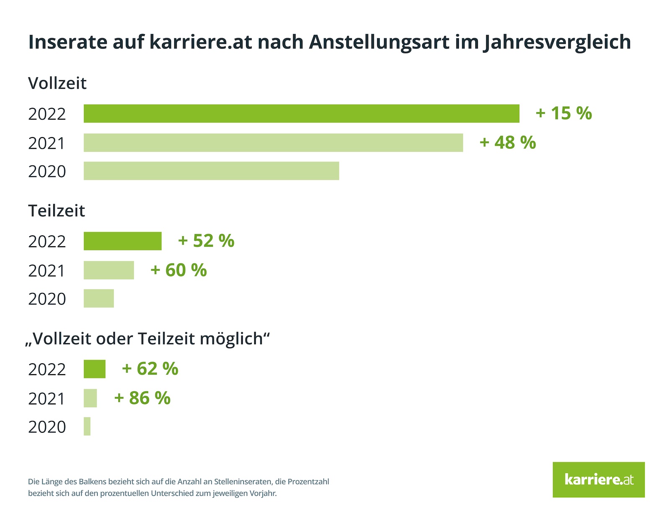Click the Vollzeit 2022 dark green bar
301,114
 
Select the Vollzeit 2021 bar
273,143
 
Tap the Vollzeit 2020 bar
211,171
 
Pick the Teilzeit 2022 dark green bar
122,241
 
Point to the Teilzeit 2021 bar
108,270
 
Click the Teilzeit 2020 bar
98,298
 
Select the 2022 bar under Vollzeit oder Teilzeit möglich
94,369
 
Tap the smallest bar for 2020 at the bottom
87,426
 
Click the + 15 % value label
564,113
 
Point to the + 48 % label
508,143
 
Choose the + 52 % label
206,241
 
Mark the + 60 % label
178,270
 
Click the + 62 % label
150,369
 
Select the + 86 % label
142,398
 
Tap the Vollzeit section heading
57,83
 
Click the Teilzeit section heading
56,211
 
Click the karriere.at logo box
598,480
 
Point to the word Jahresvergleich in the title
557,42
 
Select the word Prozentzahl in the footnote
308,482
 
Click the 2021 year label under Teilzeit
47,271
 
